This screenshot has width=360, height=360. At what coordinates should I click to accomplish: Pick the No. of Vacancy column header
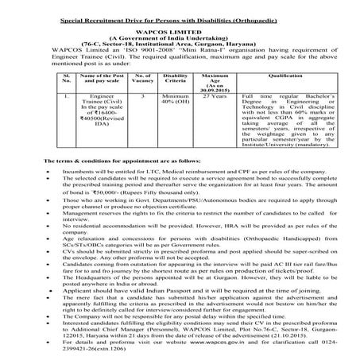pyautogui.click(x=140, y=78)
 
